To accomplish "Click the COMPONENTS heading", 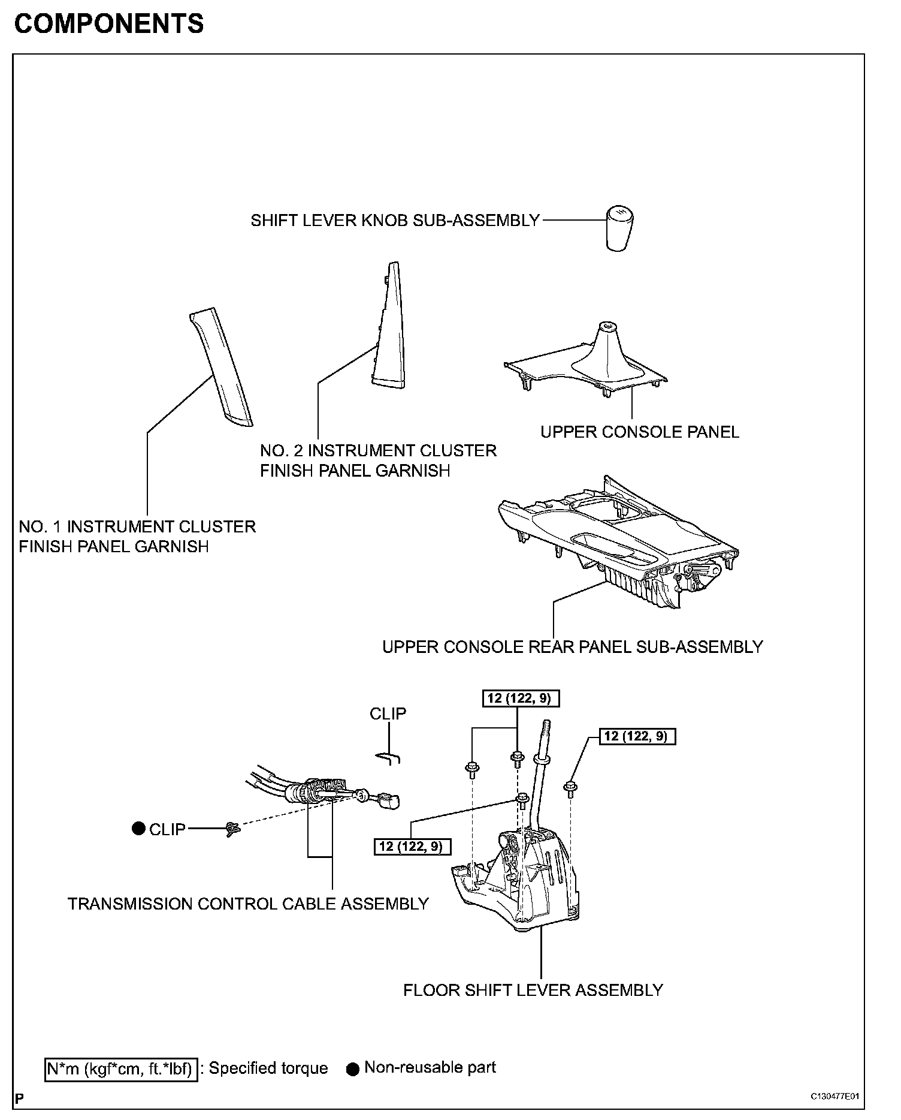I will [x=108, y=24].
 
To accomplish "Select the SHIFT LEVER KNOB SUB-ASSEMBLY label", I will [x=395, y=221].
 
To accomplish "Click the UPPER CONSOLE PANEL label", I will [x=639, y=432].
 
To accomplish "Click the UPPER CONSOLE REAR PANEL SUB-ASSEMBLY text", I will [x=572, y=647].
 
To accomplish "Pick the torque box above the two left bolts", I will [x=521, y=698].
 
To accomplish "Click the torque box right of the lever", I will [x=637, y=736].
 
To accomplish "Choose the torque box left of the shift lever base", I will [x=412, y=846].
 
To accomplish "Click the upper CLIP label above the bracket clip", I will [x=388, y=713].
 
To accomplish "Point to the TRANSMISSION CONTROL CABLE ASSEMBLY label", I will [x=248, y=904].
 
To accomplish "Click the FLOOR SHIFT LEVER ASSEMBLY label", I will [x=533, y=990].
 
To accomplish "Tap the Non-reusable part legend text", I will [x=430, y=1068].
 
